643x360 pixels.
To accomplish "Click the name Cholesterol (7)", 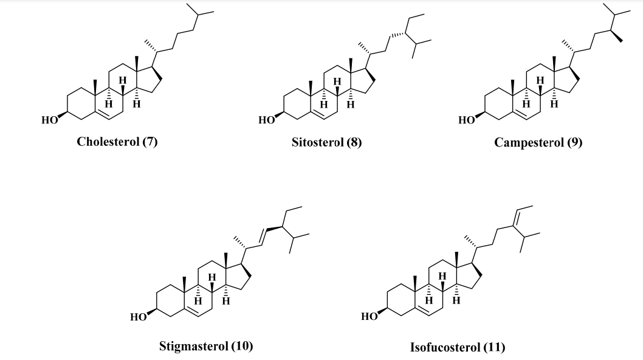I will pos(117,142).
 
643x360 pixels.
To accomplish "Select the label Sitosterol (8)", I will pos(326,143).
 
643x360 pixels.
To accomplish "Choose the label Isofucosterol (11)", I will pos(458,348).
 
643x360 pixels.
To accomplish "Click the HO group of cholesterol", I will pos(49,120).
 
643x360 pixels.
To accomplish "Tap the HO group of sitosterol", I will pos(266,120).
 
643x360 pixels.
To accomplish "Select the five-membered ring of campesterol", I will pos(565,78).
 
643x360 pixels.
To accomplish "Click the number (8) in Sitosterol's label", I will pos(354,143).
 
